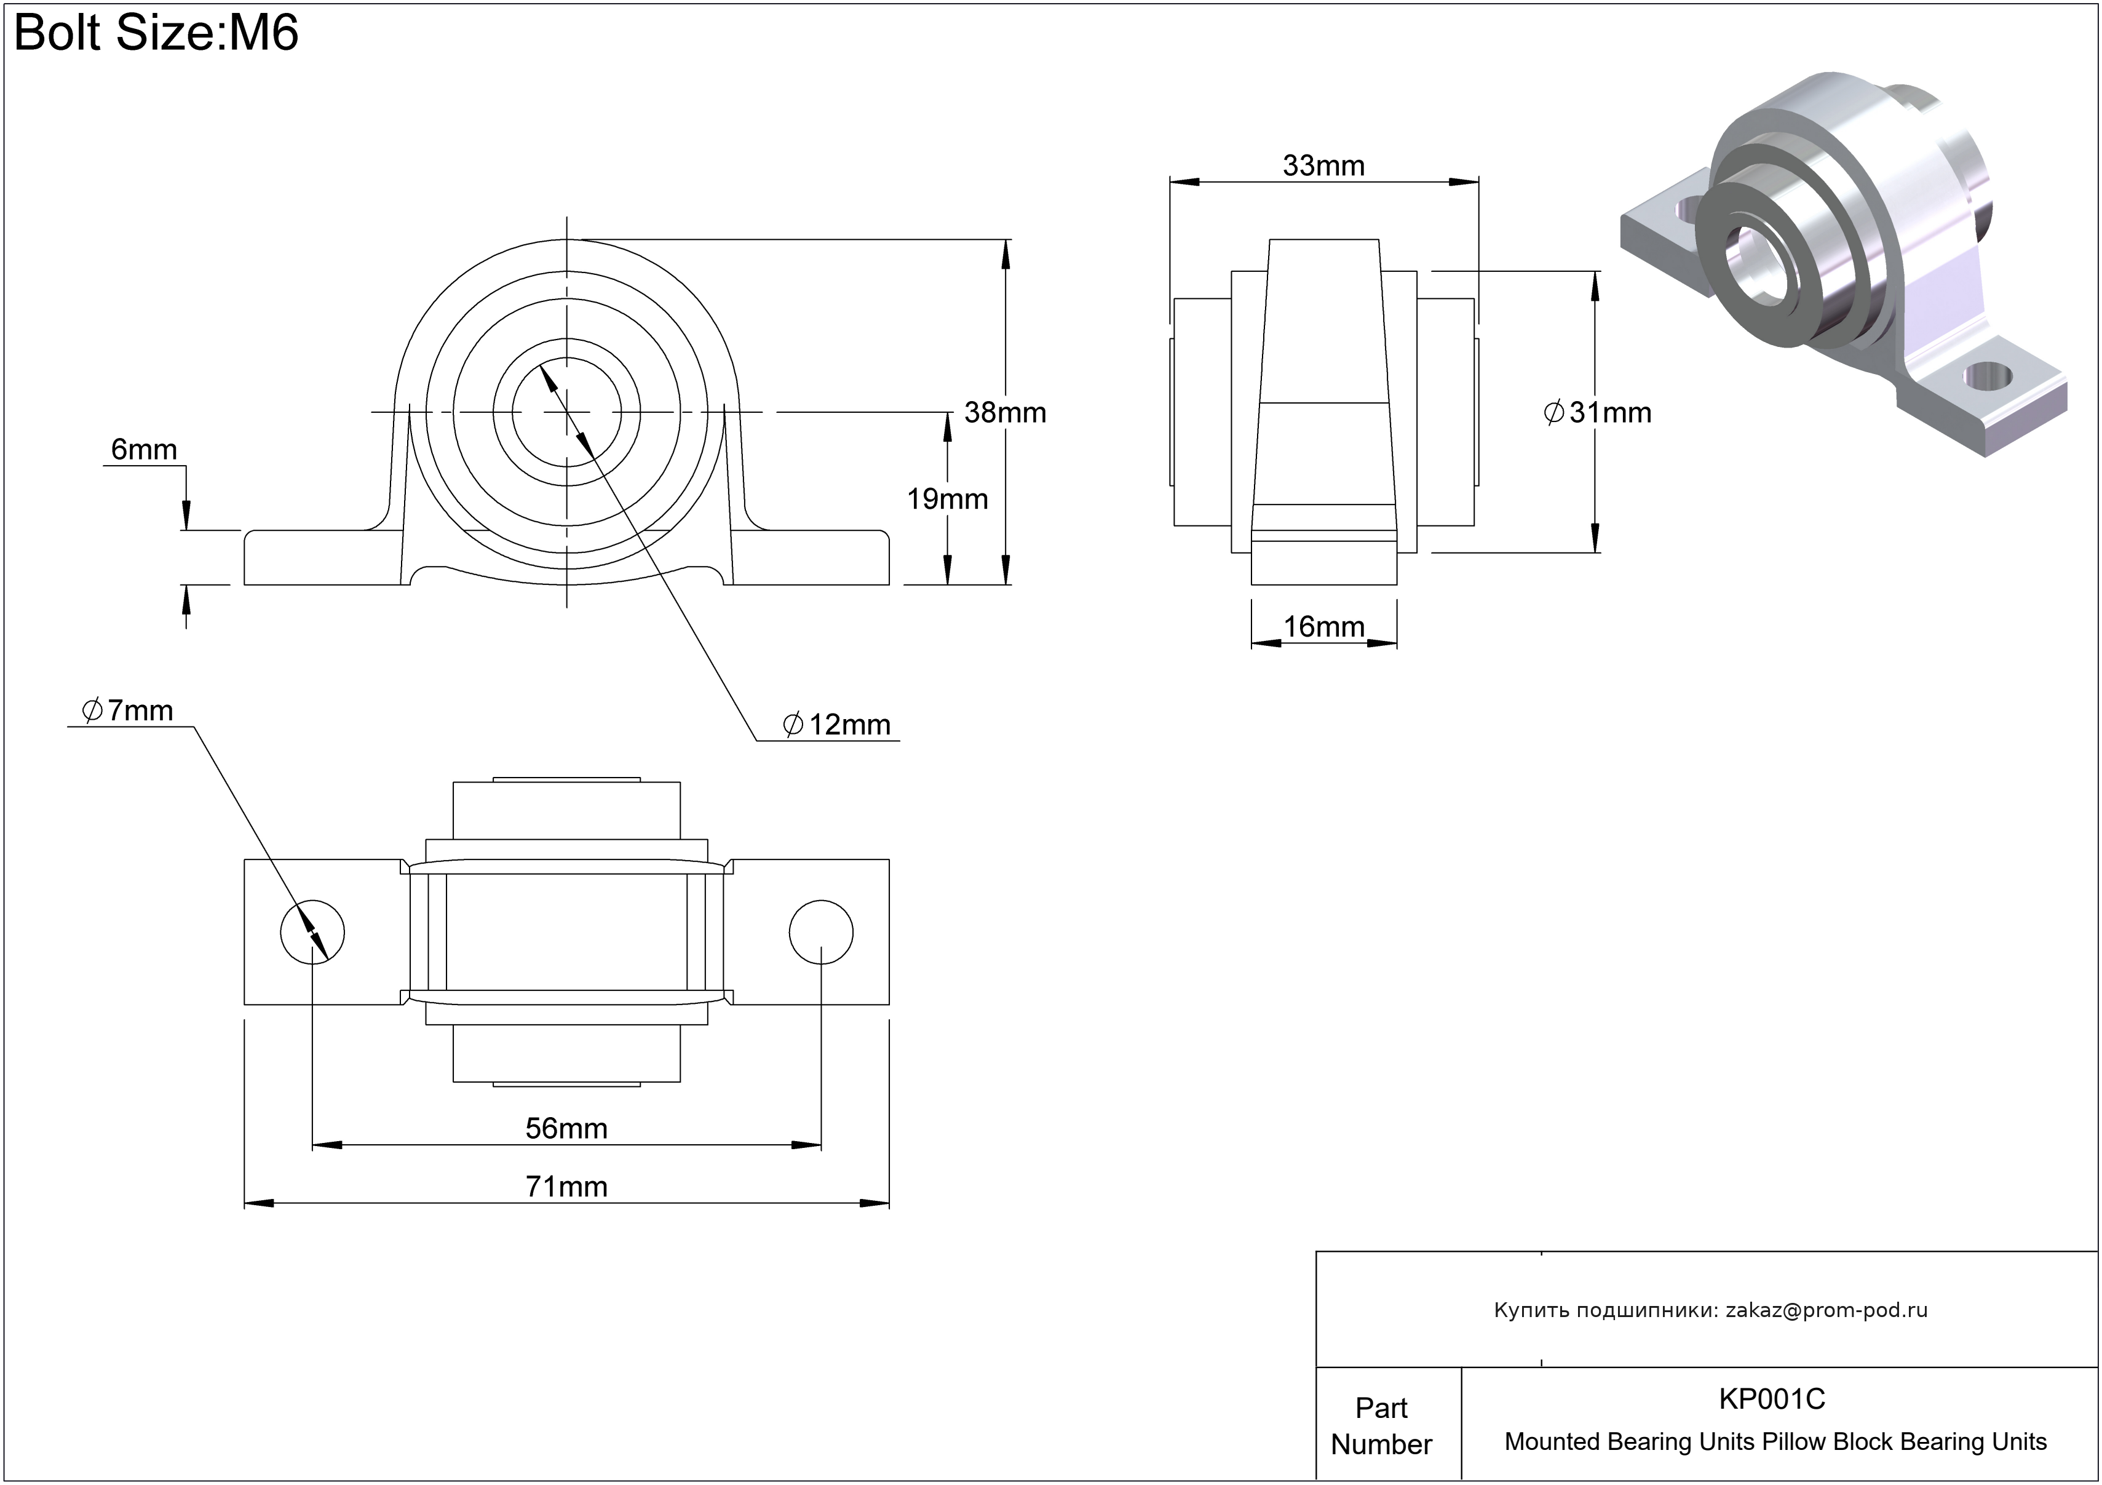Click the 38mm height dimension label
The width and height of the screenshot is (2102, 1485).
click(1004, 413)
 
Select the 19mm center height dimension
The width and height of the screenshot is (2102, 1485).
click(946, 499)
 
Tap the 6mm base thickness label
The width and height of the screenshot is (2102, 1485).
click(144, 450)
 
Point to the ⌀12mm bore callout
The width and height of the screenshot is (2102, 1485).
click(837, 725)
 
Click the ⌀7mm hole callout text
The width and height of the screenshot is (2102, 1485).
click(127, 711)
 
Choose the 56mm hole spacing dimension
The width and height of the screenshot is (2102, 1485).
click(566, 1128)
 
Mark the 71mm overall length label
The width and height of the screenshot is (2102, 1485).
click(566, 1187)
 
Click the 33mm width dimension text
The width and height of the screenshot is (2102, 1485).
click(1323, 165)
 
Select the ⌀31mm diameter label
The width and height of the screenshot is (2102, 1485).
click(1598, 413)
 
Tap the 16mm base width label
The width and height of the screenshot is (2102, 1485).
click(1323, 627)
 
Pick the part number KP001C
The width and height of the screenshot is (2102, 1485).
click(1772, 1399)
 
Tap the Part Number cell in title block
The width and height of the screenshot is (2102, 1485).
click(1381, 1425)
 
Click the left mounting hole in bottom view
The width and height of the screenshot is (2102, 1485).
click(312, 932)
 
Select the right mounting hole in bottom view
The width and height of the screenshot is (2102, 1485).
click(820, 932)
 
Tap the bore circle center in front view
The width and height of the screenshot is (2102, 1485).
click(566, 412)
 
